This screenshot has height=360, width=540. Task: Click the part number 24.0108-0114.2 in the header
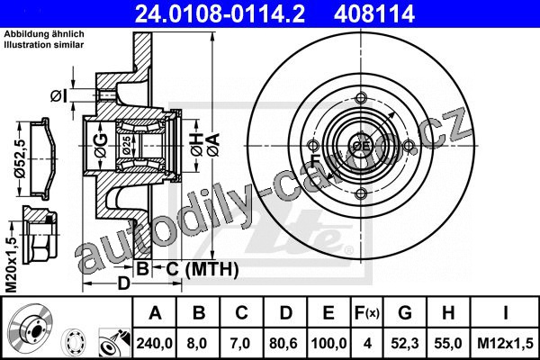[x=220, y=13]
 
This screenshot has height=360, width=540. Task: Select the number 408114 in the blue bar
[x=373, y=13]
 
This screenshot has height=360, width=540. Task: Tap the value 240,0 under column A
[x=155, y=344]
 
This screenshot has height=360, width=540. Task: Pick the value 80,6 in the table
[x=285, y=344]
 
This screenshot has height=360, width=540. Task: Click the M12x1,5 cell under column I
[x=505, y=344]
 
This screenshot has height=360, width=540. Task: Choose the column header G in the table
[x=405, y=313]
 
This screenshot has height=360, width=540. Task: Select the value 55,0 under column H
[x=447, y=344]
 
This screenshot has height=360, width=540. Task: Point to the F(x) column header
[x=366, y=313]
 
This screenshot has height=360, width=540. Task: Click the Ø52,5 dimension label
[x=21, y=158]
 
